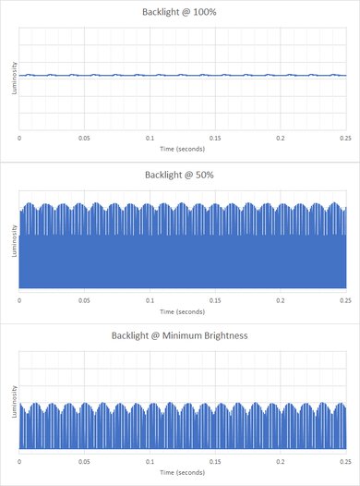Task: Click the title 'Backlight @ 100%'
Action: point(180,12)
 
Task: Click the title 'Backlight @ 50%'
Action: point(180,174)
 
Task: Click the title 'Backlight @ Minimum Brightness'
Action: point(180,335)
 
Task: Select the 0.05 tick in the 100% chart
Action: point(84,137)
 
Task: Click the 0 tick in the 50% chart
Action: point(20,299)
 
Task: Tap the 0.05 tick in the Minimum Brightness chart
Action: point(84,460)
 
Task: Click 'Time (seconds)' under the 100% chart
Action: point(180,147)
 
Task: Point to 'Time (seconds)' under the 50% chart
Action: point(180,310)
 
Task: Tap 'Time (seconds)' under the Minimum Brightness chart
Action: point(180,471)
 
